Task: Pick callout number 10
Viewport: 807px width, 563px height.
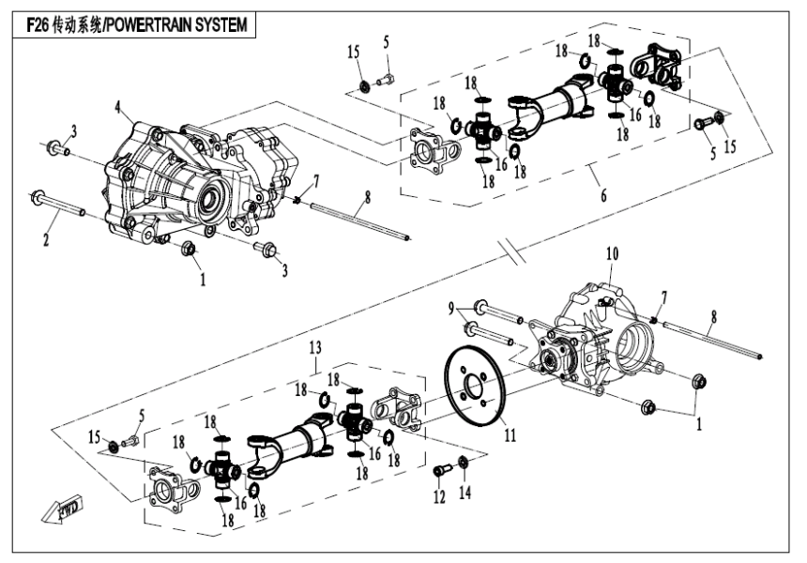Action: click(611, 254)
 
